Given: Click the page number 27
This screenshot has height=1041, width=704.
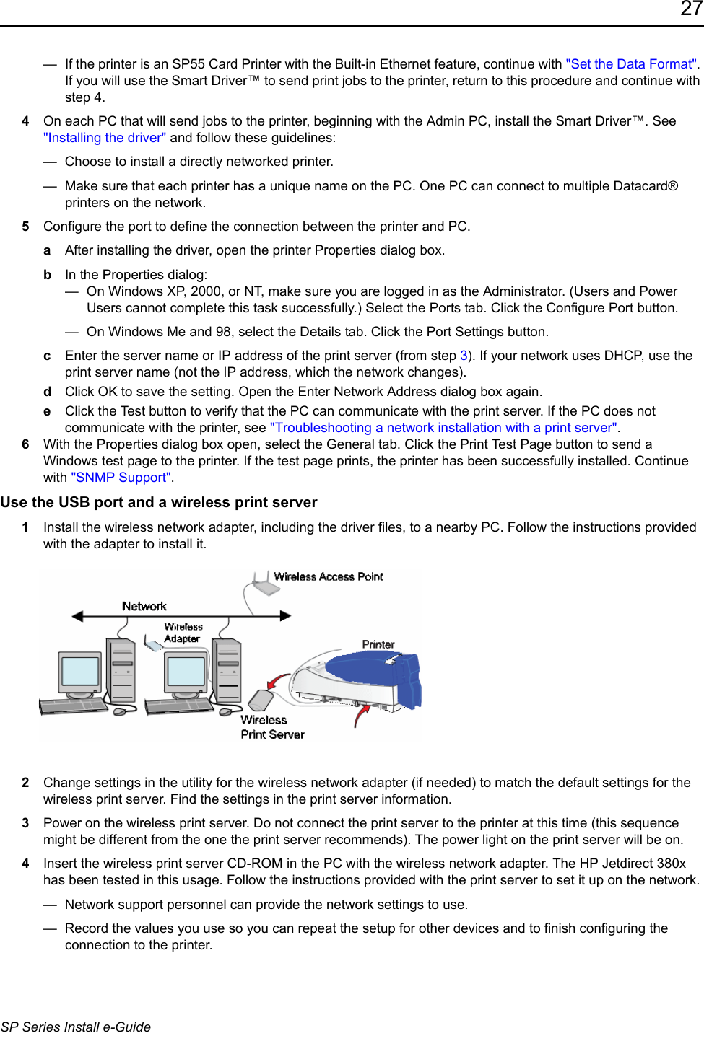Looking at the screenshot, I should click(x=690, y=9).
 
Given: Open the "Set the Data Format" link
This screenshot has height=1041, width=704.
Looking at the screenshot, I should click(x=631, y=64).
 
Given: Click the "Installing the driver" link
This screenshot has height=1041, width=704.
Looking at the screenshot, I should click(x=105, y=138).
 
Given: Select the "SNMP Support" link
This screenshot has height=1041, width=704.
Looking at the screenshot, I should click(x=121, y=478).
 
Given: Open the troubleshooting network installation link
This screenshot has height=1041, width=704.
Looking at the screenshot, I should click(x=444, y=428).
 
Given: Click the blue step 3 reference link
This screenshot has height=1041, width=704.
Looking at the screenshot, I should click(x=464, y=356).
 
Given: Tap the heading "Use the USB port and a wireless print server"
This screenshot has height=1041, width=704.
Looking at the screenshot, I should click(x=159, y=502).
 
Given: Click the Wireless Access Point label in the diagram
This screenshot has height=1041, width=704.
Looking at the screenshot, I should click(x=329, y=576).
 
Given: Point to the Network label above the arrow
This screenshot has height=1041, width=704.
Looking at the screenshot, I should click(x=144, y=606).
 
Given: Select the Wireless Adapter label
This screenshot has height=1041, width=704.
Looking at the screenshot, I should click(x=183, y=633).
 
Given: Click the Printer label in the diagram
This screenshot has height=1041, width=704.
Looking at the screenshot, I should click(x=378, y=644).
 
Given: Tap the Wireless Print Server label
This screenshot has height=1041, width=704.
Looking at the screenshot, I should click(x=272, y=727).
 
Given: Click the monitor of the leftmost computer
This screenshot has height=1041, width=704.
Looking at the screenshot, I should click(x=80, y=671).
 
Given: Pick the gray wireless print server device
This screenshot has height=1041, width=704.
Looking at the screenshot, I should click(x=260, y=700).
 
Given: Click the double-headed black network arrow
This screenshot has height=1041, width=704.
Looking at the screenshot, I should click(x=181, y=616).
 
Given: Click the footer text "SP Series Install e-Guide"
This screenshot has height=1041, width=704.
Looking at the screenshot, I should click(x=76, y=1027).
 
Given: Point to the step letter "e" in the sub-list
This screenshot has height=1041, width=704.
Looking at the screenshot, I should click(x=47, y=411).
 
